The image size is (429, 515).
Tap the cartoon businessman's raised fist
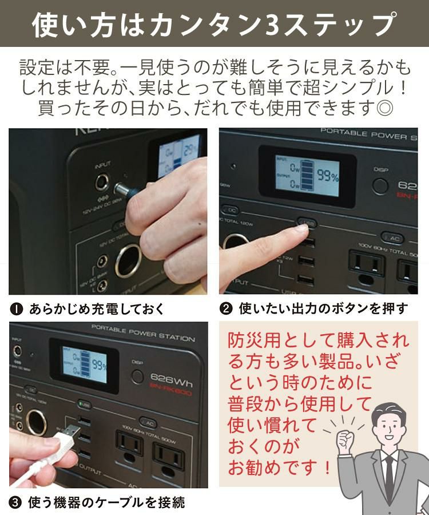point(345,441)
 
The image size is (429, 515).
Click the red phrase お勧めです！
point(280,468)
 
